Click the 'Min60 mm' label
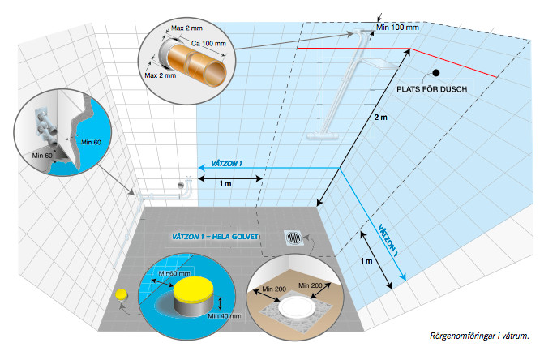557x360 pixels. coord(178,274)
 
